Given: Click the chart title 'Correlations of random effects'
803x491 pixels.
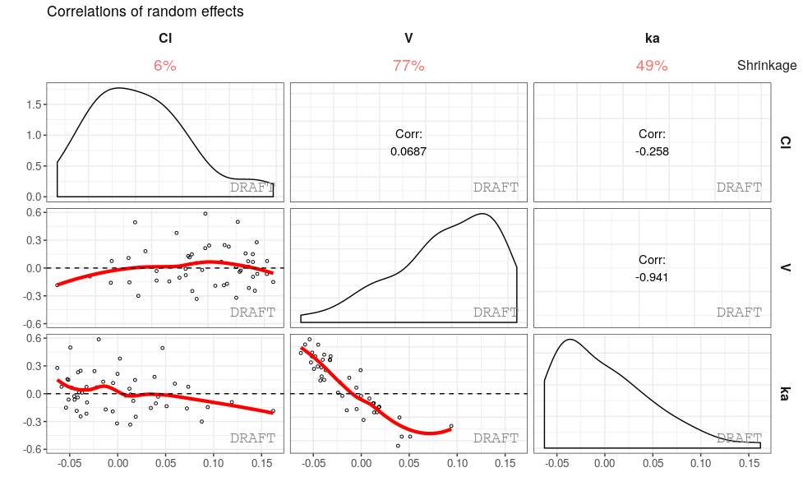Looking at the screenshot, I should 145,12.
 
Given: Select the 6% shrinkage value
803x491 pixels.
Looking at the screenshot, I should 165,66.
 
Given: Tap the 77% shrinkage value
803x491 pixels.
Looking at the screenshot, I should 408,66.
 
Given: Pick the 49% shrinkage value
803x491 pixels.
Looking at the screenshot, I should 652,66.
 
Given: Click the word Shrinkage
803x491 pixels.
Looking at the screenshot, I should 766,66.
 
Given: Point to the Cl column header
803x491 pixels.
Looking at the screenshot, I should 165,38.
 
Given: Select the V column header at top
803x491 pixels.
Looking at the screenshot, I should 408,38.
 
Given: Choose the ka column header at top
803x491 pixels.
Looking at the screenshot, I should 652,38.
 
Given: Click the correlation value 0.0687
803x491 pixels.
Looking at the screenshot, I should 408,151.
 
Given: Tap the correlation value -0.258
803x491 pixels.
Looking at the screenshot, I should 652,151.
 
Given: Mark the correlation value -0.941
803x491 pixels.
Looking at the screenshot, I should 652,277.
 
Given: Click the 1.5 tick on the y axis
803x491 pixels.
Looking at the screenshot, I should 35,104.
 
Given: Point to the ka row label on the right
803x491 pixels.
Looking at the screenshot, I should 785,393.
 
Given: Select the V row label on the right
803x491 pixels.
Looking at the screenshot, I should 785,267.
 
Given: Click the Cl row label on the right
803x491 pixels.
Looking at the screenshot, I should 785,141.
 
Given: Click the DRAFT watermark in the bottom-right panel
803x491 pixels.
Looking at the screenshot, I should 739,438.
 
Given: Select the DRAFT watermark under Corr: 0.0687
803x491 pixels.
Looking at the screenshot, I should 496,188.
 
